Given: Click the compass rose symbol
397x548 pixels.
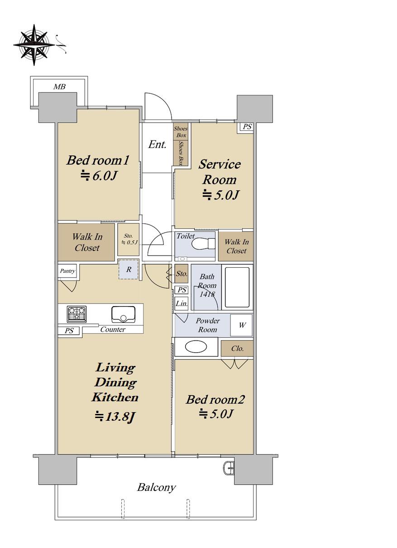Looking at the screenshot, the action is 34,45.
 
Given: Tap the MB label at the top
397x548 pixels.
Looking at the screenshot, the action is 59,87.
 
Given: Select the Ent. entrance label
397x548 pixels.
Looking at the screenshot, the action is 157,144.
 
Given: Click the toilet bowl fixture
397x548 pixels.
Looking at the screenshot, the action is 203,244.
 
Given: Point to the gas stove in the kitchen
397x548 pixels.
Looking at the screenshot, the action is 77,314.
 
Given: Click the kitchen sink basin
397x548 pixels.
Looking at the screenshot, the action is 124,314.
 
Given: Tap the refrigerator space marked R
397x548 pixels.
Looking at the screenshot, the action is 129,269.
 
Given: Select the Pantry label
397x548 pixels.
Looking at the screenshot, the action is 67,271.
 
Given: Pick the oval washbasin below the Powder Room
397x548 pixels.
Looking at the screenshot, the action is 196,346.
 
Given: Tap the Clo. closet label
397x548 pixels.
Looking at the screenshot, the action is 237,348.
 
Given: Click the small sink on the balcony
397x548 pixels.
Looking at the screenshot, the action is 229,468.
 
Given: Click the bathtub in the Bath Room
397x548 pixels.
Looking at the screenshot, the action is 237,287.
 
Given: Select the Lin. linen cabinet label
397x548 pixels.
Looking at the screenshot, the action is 182,304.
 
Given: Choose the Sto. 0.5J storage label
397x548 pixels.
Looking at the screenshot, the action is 129,239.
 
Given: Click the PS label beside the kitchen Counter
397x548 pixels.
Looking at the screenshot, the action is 69,331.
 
